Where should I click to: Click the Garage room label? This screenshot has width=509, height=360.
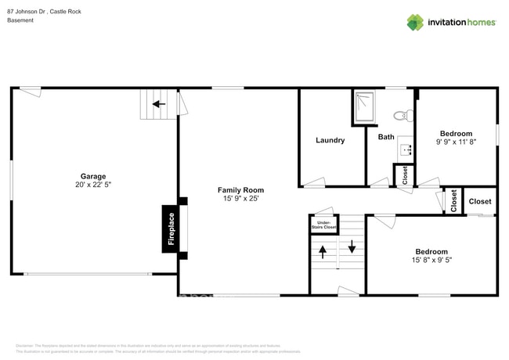click(x=92, y=176)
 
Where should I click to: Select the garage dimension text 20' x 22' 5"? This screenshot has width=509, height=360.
click(x=92, y=185)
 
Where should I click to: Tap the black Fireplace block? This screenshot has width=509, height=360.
click(x=171, y=229)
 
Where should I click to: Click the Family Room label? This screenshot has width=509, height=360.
click(x=240, y=190)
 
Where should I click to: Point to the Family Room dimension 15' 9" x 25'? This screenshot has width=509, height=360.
click(x=240, y=200)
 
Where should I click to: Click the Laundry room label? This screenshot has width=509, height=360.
click(x=330, y=141)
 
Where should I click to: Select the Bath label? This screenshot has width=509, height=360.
click(x=386, y=137)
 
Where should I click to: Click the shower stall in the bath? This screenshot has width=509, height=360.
click(x=364, y=107)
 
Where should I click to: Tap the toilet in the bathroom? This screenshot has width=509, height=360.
click(x=403, y=116)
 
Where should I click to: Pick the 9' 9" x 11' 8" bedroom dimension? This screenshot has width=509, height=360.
click(x=455, y=142)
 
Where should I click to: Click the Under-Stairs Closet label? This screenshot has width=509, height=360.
click(x=323, y=225)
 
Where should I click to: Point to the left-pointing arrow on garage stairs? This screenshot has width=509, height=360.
click(x=157, y=103)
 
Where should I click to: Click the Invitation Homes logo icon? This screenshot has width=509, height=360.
click(x=414, y=22)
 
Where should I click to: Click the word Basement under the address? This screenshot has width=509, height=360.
click(x=22, y=21)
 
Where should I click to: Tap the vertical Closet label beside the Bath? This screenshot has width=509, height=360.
click(x=405, y=175)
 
